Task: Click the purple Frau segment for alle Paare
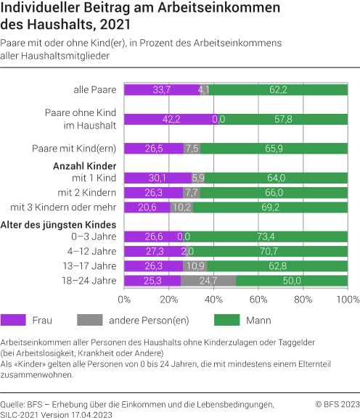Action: pos(160,90)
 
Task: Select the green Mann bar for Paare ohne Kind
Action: pos(283,120)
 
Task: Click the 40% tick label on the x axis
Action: pos(213,298)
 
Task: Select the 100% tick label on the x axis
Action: pos(347,298)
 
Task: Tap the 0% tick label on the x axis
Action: pos(124,298)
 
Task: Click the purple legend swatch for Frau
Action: pos(15,319)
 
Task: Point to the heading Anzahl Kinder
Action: pos(86,166)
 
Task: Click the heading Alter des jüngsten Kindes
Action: pos(60,224)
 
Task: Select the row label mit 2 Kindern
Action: pos(91,192)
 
